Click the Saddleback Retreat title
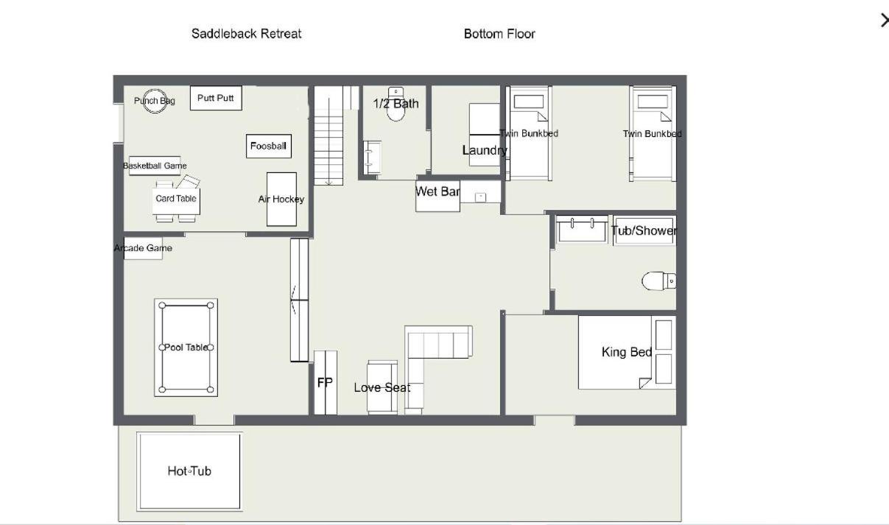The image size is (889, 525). [247, 34]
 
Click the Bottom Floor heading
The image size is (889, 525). [499, 34]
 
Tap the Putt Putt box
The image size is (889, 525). [216, 98]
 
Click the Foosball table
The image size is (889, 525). [269, 146]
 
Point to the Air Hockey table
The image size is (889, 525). [281, 200]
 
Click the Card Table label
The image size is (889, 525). [176, 198]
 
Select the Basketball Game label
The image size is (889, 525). [155, 166]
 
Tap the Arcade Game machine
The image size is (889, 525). [143, 248]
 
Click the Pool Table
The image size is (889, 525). [186, 348]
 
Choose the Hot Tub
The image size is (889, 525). [190, 471]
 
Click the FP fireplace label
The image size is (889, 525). [325, 383]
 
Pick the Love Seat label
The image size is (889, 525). [382, 388]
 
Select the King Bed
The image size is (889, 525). [627, 353]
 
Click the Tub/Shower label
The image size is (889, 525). [644, 230]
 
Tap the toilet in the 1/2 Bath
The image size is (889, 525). [396, 104]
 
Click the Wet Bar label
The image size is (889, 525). [438, 191]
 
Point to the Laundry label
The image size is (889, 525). [485, 150]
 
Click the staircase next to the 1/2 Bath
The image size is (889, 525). [328, 135]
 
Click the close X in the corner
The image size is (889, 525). [885, 20]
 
